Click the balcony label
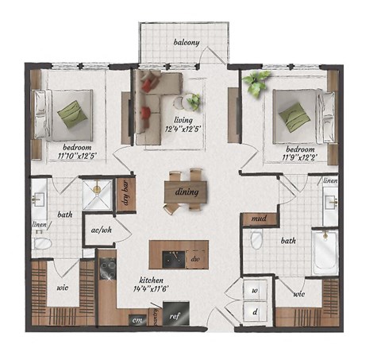click(x=187, y=42)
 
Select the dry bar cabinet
click(x=124, y=193)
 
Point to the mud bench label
click(x=258, y=219)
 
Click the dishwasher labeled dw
click(x=195, y=258)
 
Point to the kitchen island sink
click(x=170, y=258)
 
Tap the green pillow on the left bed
click(x=71, y=114)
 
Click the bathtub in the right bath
click(x=325, y=253)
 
